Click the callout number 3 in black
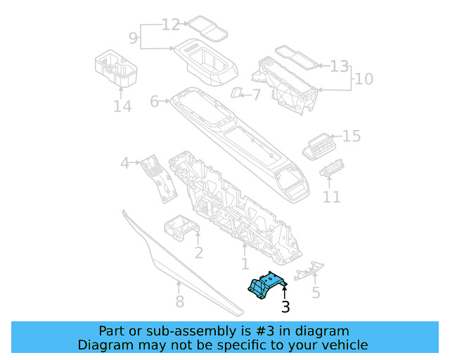285,307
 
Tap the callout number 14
122,107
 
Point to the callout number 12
171,25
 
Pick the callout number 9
132,36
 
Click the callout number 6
155,102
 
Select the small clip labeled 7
236,94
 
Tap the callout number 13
340,67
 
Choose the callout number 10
364,79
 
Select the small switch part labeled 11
330,171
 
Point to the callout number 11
331,198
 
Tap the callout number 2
199,253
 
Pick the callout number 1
245,264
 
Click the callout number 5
316,292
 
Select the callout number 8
179,302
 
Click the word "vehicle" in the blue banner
340,345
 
